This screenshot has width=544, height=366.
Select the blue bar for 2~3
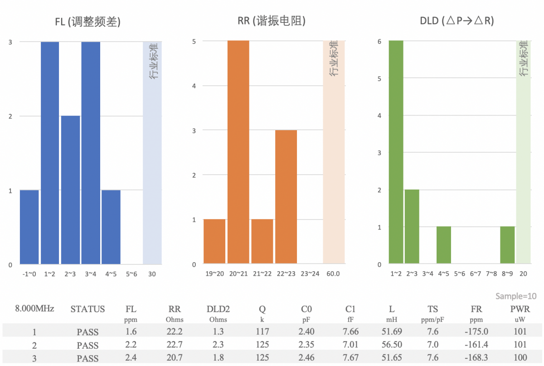(70, 190)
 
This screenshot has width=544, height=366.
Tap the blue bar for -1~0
(29, 227)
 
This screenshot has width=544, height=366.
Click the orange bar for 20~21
(238, 152)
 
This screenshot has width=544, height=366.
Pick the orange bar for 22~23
(286, 197)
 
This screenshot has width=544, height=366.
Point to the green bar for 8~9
(507, 245)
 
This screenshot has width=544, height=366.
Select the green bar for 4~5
(444, 245)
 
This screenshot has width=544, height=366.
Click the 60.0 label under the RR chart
(333, 274)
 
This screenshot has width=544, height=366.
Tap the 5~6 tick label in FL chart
(131, 274)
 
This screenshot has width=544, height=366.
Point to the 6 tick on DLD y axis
(379, 41)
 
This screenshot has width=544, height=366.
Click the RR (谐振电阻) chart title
(271, 21)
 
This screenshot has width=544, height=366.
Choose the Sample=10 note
(516, 296)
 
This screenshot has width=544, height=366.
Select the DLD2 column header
(218, 309)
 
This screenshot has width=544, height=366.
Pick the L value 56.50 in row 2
(392, 345)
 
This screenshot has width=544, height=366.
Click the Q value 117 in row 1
(262, 332)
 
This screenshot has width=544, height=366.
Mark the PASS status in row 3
(87, 358)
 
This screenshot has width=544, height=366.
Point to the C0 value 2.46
(306, 358)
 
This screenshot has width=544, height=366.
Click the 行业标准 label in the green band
(524, 59)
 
